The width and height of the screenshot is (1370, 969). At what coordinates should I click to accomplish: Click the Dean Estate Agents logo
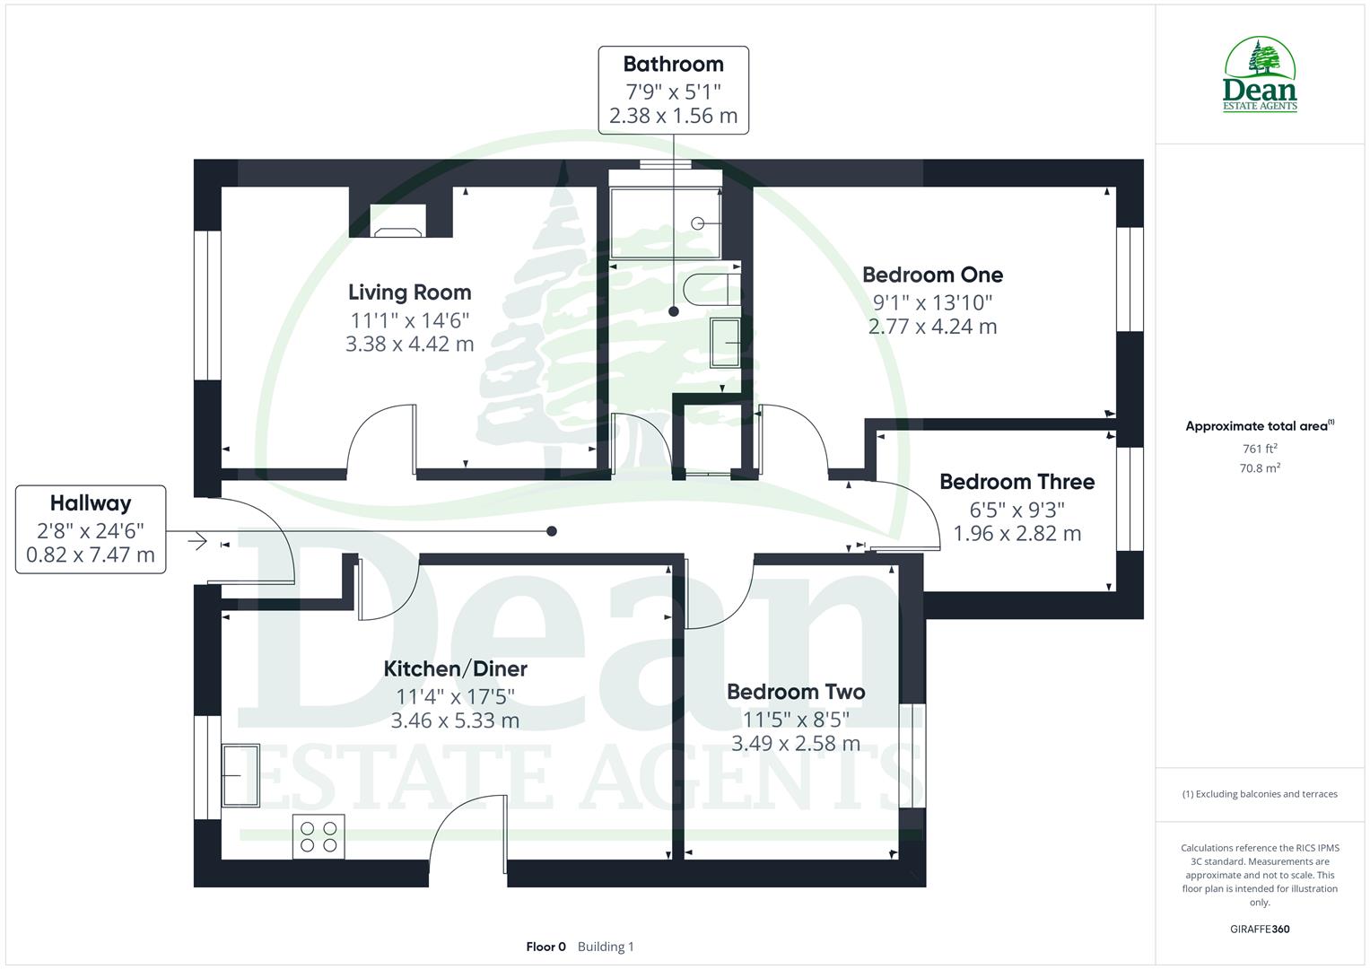(x=1260, y=75)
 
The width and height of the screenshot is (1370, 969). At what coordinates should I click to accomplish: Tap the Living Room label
(x=409, y=292)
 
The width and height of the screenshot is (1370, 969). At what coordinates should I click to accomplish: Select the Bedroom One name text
(x=932, y=275)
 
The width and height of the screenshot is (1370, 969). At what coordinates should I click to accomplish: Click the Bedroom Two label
(x=796, y=692)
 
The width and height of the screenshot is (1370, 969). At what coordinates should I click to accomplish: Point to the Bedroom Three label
(x=1017, y=482)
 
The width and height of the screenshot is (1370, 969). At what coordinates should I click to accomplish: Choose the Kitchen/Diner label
(x=455, y=669)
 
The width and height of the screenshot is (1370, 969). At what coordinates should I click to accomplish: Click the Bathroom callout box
(x=673, y=90)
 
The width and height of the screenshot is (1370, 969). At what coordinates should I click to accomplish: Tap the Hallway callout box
(x=91, y=529)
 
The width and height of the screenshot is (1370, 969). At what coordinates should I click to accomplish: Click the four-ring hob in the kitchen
(x=319, y=837)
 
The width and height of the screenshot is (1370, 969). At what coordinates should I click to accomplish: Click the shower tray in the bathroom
(x=665, y=223)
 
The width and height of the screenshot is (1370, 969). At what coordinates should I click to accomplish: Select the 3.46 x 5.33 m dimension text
(x=455, y=720)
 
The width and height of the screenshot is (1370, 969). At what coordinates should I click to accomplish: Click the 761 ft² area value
(x=1260, y=449)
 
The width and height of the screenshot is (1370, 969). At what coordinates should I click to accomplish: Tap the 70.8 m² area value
(x=1260, y=467)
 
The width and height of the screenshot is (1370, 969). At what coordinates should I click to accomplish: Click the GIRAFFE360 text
(x=1260, y=929)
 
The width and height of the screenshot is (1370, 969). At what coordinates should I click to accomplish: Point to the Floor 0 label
(x=545, y=947)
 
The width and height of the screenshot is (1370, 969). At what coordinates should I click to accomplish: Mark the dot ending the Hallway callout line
(x=552, y=531)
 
